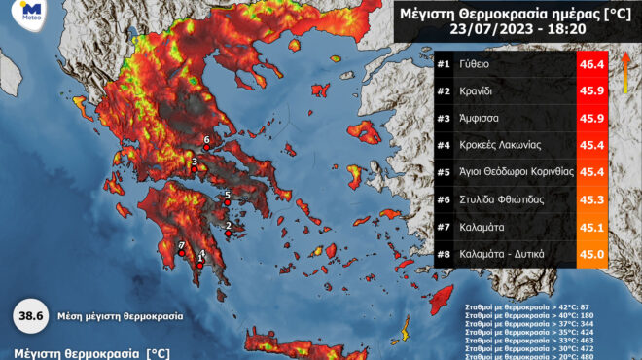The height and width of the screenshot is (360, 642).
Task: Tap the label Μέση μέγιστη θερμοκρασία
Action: point(118,317)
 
